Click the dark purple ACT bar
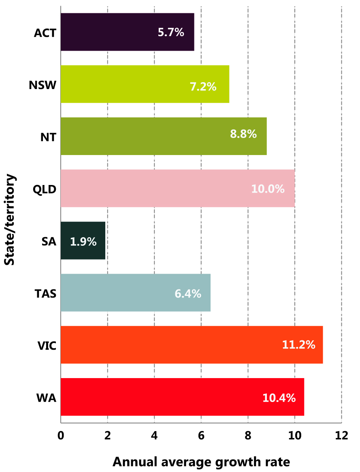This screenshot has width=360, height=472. coord(127,32)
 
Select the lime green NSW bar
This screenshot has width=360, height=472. coord(145,84)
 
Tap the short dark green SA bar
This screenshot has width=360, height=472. coord(83,240)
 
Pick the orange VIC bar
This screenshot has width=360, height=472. coord(191,344)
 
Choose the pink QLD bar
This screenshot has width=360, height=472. coord(177,188)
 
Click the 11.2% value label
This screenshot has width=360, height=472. coord(298,345)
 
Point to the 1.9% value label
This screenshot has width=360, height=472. coord(83,242)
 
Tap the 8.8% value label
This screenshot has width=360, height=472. coord(243,134)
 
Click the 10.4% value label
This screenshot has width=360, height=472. coord(279,398)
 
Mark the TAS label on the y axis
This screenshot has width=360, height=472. coord(45,293)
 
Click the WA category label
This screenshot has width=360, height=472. coord(46,398)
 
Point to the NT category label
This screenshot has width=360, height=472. coord(48,137)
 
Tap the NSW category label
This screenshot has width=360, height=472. coord(42,85)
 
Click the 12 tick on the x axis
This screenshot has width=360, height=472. coord(341,436)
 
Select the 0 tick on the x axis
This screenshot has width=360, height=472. coord(61,436)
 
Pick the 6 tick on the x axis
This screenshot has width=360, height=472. coord(201,436)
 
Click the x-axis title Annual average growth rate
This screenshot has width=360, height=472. coord(201,461)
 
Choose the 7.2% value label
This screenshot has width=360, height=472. coord(203,86)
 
